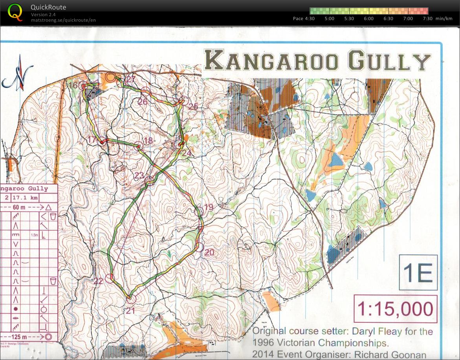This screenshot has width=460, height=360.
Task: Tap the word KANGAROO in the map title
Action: click(271, 61)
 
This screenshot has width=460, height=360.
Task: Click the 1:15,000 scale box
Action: click(396, 309)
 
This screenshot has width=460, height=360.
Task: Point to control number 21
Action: click(130, 311)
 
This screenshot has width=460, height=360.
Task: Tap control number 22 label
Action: click(98, 280)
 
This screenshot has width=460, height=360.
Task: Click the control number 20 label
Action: click(209, 252)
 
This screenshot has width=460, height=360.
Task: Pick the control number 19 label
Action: click(208, 207)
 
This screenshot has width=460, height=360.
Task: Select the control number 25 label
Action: click(193, 106)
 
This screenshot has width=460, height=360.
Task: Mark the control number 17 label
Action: click(92, 139)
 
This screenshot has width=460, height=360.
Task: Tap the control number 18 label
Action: click(148, 141)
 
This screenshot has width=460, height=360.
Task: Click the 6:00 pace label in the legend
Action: click(368, 18)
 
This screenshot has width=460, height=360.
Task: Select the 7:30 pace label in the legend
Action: click(427, 18)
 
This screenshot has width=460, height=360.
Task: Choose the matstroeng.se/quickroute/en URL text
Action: click(63, 20)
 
